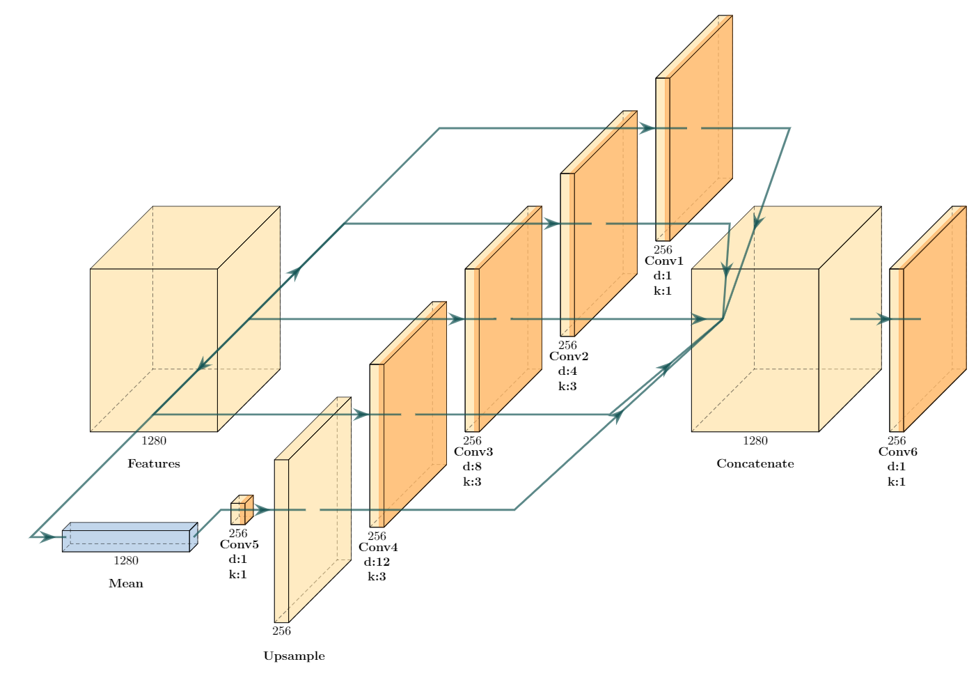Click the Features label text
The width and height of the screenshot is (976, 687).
(x=154, y=464)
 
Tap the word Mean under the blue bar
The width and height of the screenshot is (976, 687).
(x=126, y=584)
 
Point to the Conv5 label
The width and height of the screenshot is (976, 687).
(x=239, y=545)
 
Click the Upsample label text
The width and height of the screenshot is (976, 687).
(x=294, y=656)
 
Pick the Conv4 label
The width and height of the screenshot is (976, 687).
(x=378, y=547)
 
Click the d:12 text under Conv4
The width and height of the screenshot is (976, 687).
(x=377, y=562)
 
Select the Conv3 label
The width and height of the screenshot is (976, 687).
(x=473, y=451)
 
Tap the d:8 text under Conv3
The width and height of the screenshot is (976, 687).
(x=472, y=466)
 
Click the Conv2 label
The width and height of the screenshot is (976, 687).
(x=569, y=357)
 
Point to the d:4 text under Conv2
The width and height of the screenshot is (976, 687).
(x=567, y=371)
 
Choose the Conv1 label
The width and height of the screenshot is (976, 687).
(x=664, y=261)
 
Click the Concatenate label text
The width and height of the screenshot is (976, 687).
(x=755, y=464)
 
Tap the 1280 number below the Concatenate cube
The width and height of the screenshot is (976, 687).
(x=755, y=440)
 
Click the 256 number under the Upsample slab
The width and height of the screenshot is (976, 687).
(x=281, y=631)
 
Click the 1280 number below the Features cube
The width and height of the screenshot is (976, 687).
(x=154, y=440)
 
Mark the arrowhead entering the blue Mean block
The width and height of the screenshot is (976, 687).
(x=49, y=537)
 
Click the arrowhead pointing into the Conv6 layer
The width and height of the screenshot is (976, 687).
(x=883, y=319)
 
